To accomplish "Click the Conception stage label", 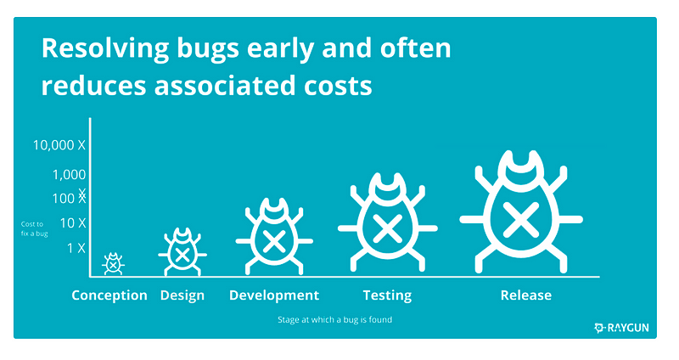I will click(x=109, y=295).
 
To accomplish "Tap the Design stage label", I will click(x=182, y=295).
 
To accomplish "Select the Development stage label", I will click(x=274, y=295).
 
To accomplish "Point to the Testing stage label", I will click(x=387, y=295).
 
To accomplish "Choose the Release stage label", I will click(x=526, y=295).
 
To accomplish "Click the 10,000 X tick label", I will click(x=59, y=145).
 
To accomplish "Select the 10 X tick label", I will click(x=71, y=222).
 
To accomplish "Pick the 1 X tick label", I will click(x=76, y=248).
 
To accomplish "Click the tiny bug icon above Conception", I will click(x=113, y=264).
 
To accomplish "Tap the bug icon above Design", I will click(x=182, y=252).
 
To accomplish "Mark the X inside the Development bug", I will click(x=273, y=240).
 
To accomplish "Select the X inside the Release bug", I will click(x=520, y=219).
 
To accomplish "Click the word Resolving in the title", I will click(x=95, y=49).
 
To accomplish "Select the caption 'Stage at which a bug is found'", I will click(x=334, y=321).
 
